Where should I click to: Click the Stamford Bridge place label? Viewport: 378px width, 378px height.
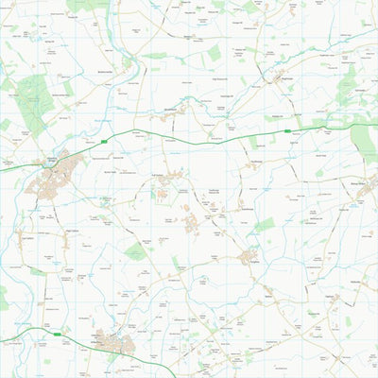click(x=54, y=160)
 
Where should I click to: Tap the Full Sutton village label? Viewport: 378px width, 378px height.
click(x=160, y=175)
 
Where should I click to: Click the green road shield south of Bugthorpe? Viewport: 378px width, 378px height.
click(x=287, y=131)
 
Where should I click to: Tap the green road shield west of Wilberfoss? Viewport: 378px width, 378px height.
click(x=59, y=334)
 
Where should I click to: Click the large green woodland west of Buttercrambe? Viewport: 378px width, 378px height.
click(x=35, y=99)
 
